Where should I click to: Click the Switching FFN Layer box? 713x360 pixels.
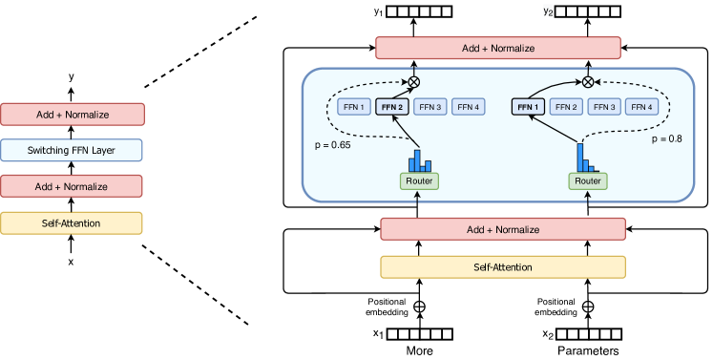72,150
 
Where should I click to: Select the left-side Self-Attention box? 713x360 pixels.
72,222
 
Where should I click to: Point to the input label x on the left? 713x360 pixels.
71,261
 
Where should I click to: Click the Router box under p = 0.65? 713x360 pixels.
418,180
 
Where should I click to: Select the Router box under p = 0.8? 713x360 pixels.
587,180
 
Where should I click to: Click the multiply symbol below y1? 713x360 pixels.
414,81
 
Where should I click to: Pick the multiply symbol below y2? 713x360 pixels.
588,81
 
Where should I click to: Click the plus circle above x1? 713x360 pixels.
415,307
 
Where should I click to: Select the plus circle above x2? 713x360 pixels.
588,307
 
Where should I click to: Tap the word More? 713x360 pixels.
420,350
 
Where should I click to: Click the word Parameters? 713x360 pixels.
589,350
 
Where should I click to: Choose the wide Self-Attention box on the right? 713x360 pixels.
503,267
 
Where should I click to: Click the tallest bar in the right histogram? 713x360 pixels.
579,155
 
